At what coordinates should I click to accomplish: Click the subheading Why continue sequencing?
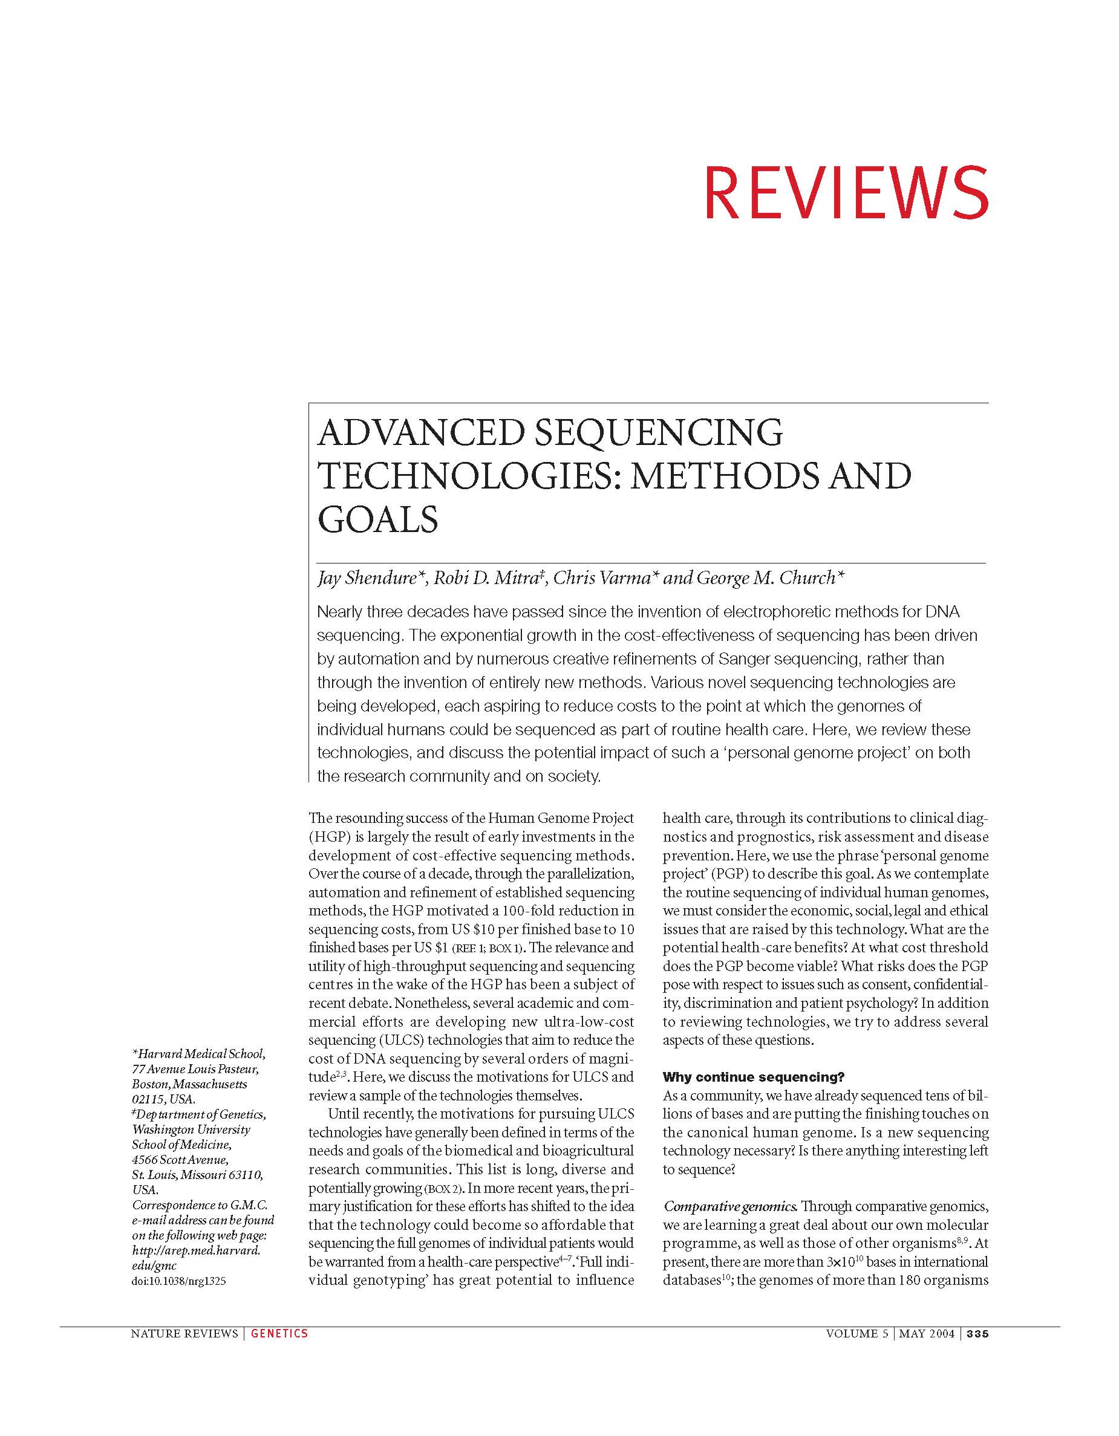coord(753,1077)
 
